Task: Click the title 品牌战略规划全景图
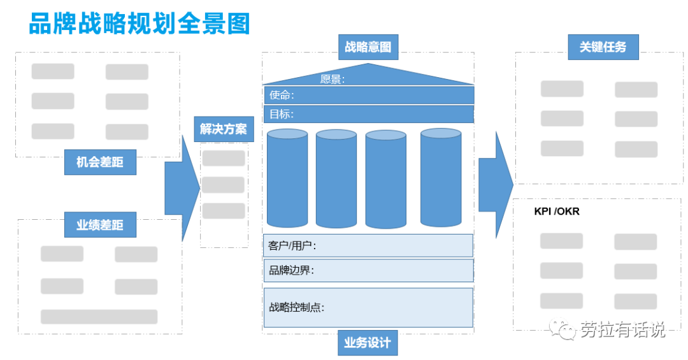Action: pos(140,24)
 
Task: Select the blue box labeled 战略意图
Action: pos(368,47)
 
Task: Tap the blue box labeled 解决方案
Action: pos(223,129)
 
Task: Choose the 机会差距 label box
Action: pos(100,162)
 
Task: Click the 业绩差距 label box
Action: pos(100,225)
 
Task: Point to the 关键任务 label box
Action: pos(603,47)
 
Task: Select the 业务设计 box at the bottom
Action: pos(368,343)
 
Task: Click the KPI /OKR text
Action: pos(557,211)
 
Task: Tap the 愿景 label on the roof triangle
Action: pos(333,80)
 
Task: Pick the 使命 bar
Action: pos(368,96)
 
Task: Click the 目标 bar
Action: pos(368,115)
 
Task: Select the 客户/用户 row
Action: pos(368,245)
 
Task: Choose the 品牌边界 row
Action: pos(368,270)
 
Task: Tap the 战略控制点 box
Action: pos(368,307)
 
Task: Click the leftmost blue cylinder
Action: pos(287,178)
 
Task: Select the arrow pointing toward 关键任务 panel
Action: pos(496,185)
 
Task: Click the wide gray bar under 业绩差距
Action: pos(99,317)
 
